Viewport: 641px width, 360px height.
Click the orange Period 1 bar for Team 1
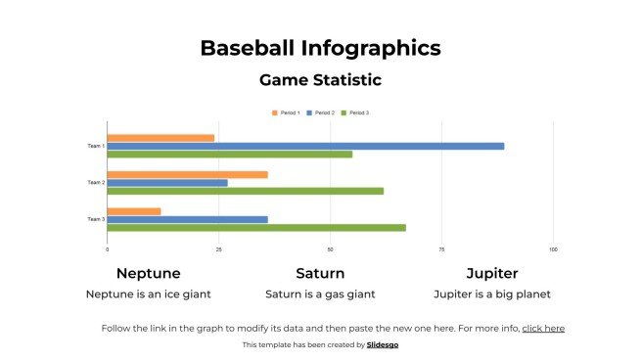point(160,138)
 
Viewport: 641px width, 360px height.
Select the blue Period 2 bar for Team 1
point(305,146)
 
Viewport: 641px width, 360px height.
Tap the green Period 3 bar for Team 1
point(229,154)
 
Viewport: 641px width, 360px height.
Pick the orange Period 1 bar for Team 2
point(187,175)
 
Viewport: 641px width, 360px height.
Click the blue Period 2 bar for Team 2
point(167,183)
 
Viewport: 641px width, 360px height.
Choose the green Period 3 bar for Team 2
point(245,191)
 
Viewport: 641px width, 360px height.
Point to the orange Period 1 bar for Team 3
point(134,211)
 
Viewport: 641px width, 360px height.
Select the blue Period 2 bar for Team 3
point(187,219)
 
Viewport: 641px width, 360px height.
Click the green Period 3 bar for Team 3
point(255,228)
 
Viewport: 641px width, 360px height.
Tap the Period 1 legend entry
point(288,113)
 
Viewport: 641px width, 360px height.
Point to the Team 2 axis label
point(95,183)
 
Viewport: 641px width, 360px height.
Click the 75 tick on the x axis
point(441,250)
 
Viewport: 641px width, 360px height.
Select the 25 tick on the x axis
point(219,250)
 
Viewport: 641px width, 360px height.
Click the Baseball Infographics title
point(320,48)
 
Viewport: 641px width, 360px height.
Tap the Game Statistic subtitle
point(320,80)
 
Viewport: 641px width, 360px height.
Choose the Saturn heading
point(320,274)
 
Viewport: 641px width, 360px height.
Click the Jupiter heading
point(491,274)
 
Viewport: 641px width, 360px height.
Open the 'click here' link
point(543,329)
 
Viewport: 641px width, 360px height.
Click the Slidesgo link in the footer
point(383,345)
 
